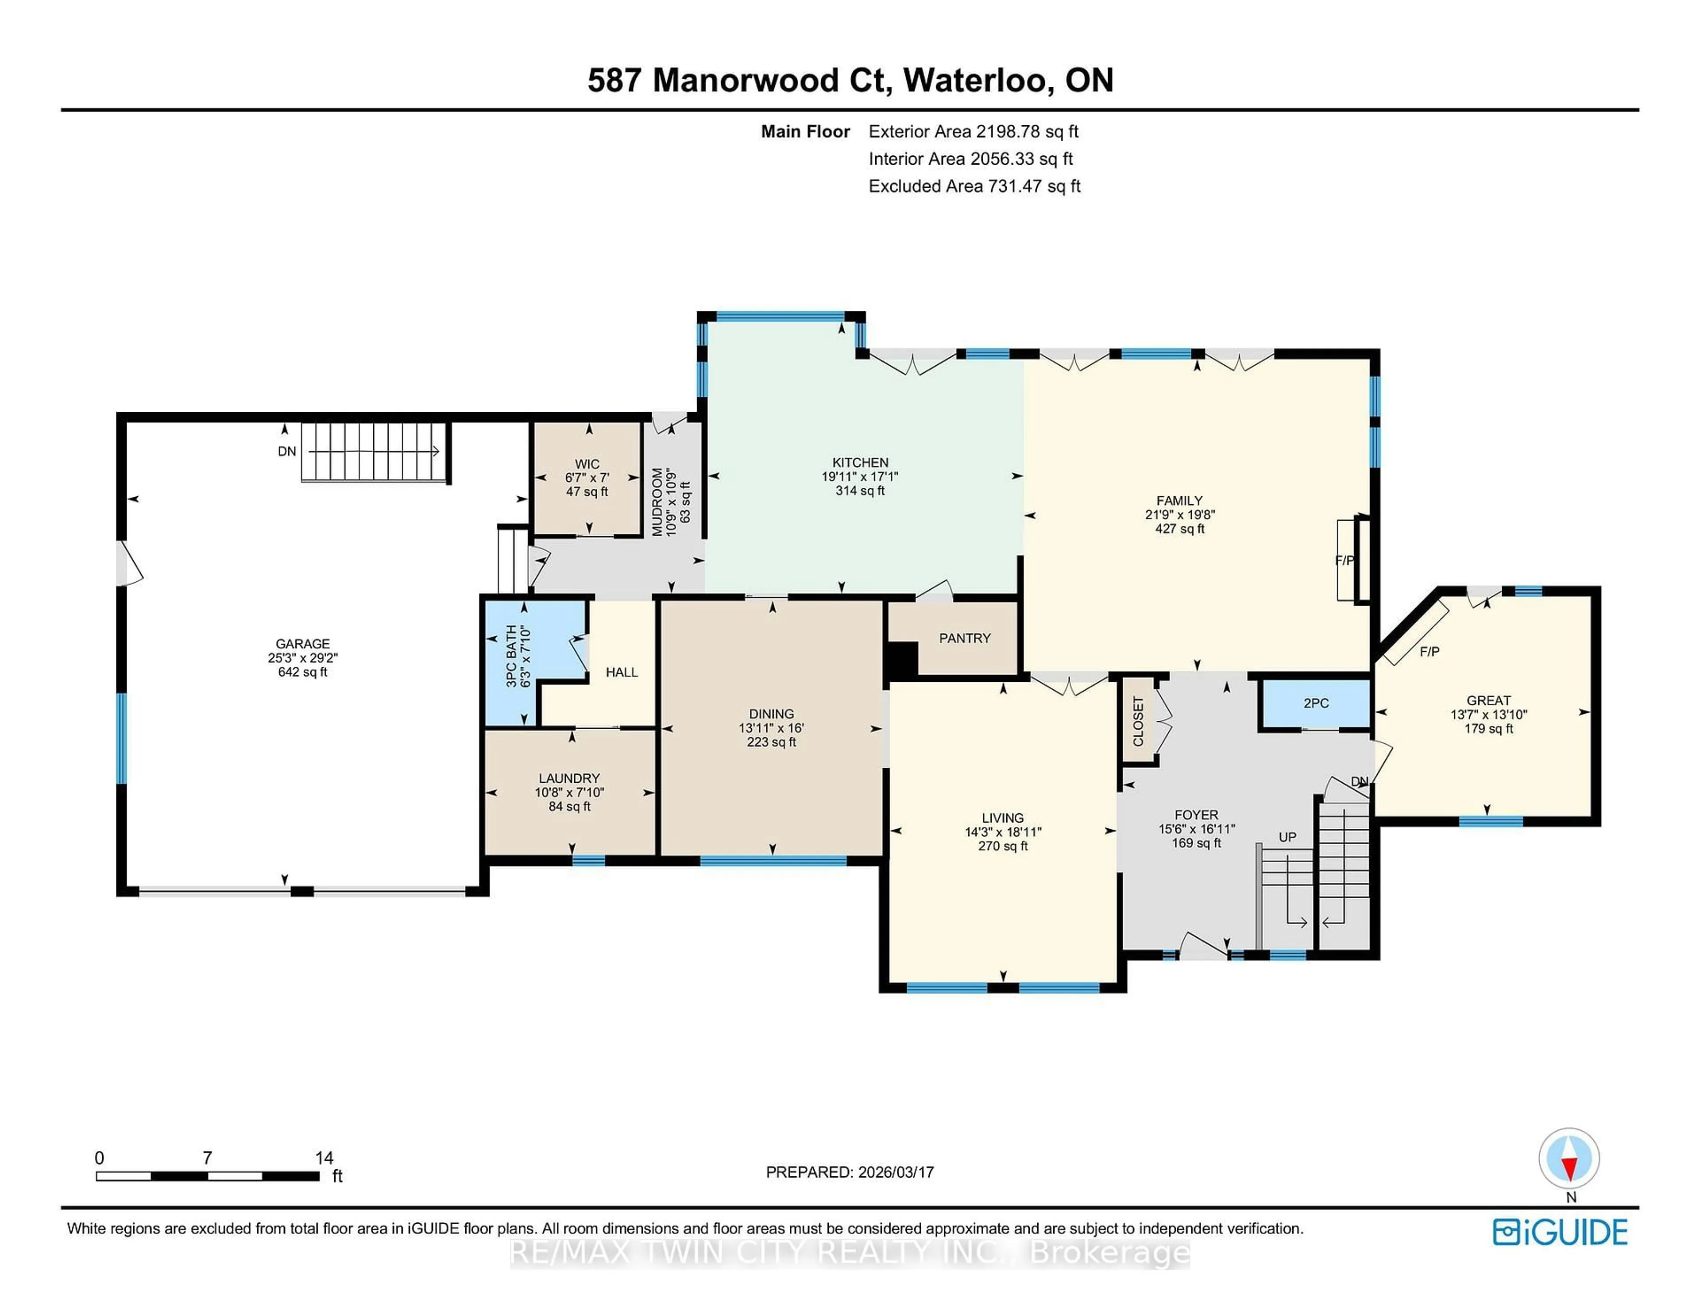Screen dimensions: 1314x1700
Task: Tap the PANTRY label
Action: coord(964,638)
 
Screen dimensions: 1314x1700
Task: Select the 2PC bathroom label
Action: coord(1315,703)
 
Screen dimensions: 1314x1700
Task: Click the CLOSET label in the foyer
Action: coord(1138,721)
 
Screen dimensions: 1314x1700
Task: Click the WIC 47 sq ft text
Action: coord(587,492)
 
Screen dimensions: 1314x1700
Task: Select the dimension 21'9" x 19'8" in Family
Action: coord(1179,514)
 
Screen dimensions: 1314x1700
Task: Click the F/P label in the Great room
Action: coord(1429,652)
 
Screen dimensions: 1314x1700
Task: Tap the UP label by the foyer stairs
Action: coord(1287,837)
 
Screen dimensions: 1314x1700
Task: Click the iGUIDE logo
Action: coord(1560,1232)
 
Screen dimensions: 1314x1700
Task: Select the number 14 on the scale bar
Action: coord(324,1158)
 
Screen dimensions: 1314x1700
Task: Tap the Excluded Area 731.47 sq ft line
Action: coord(974,186)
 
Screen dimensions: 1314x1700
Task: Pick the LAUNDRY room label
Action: coord(569,778)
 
